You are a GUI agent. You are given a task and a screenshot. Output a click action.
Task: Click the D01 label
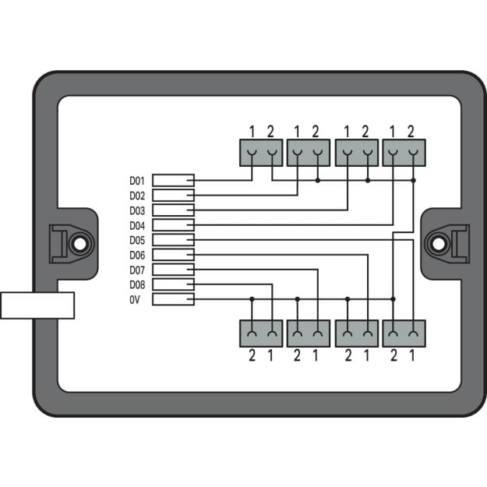pos(137,181)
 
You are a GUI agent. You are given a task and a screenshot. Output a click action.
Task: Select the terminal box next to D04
pos(173,225)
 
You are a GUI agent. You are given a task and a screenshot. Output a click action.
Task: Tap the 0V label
pos(135,300)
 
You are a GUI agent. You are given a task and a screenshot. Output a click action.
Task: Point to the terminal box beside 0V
pos(173,299)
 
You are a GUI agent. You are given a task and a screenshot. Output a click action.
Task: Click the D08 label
pos(137,285)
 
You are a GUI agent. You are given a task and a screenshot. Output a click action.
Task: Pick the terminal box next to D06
pos(173,255)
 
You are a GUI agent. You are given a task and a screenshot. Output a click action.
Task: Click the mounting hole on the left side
pos(79,244)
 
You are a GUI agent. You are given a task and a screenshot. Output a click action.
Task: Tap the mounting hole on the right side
pos(438,244)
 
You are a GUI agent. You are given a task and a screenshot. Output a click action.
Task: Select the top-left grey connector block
pos(261,153)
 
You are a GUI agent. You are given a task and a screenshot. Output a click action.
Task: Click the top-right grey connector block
pos(404,153)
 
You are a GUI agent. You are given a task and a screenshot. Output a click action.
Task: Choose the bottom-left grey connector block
pos(261,333)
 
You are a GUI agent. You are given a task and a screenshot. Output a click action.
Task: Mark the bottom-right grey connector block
pos(404,333)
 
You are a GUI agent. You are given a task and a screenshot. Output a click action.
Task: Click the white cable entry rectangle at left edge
pos(37,305)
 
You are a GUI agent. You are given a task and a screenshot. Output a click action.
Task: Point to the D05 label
pos(137,241)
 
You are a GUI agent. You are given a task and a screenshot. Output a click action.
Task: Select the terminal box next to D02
pos(173,196)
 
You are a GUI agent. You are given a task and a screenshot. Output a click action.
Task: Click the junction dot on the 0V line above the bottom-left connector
pos(252,299)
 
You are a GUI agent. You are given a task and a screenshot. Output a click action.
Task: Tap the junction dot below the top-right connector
pos(414,180)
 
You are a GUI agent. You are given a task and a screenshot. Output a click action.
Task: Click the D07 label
pos(137,270)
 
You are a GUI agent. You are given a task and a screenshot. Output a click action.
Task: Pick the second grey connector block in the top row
pos(309,153)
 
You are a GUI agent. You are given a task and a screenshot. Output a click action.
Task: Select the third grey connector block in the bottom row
pos(357,333)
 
